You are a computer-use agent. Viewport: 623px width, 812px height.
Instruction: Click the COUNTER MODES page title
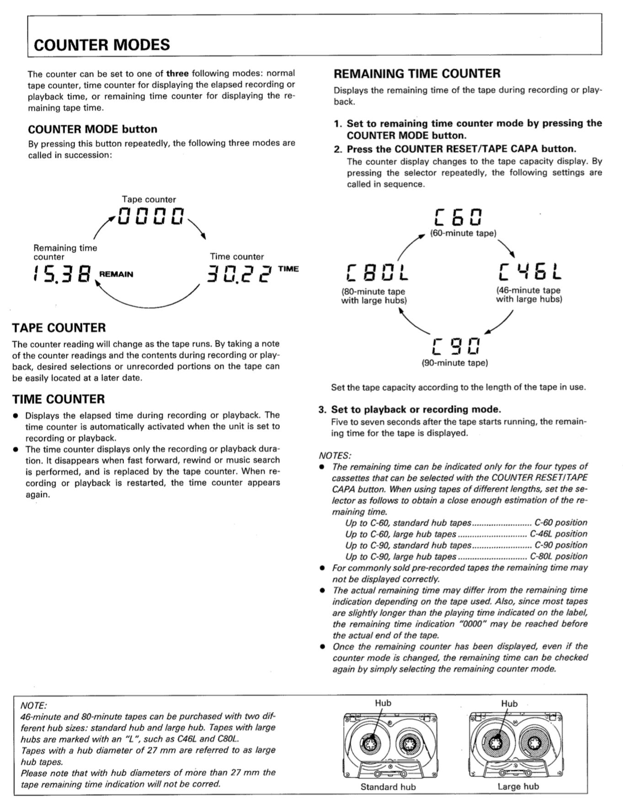[x=102, y=45]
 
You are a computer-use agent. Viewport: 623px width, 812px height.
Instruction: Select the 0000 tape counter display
[x=151, y=216]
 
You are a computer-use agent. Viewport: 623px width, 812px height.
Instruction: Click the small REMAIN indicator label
[x=116, y=274]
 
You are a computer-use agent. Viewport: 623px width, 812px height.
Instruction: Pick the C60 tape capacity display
[x=458, y=217]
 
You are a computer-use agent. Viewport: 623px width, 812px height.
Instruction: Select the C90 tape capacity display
[x=455, y=347]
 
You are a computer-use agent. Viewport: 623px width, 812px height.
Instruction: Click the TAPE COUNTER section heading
[x=59, y=328]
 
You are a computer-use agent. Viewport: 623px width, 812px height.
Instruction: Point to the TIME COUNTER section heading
[x=59, y=399]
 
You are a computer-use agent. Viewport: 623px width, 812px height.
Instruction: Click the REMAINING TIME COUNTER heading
[x=417, y=74]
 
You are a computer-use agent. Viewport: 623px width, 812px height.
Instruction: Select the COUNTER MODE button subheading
[x=93, y=129]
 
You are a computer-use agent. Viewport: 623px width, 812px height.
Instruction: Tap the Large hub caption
[x=518, y=786]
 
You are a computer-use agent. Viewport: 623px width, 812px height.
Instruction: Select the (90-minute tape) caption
[x=455, y=363]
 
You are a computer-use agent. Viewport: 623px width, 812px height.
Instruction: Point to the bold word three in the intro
[x=177, y=73]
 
